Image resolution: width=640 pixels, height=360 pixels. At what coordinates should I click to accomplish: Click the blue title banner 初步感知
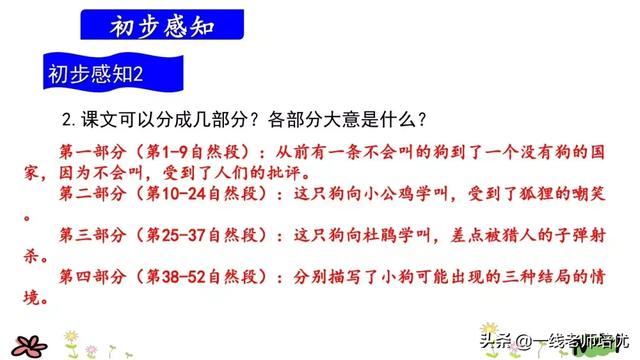pyautogui.click(x=159, y=22)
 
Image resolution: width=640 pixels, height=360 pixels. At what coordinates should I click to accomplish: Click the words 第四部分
pyautogui.click(x=88, y=277)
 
